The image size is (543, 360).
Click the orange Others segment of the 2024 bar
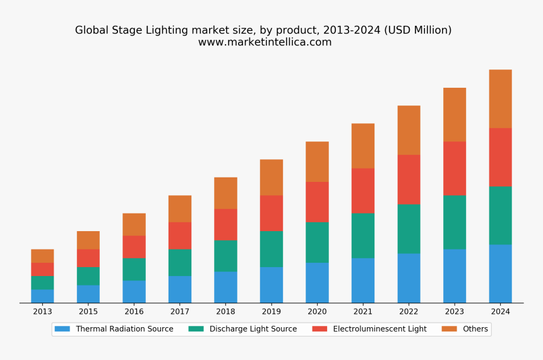click(501, 99)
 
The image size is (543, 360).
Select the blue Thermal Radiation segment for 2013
click(42, 296)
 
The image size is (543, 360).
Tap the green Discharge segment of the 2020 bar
click(317, 242)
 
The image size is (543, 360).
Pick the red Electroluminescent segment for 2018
click(225, 224)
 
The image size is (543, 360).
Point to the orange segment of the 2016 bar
click(134, 224)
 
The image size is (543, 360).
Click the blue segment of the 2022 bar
click(409, 279)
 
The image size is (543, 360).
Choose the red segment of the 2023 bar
click(455, 169)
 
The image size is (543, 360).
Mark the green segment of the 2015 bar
click(88, 276)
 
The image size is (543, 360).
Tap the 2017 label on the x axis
click(180, 311)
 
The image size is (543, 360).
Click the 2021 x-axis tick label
click(363, 311)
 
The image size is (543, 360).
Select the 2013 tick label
click(42, 311)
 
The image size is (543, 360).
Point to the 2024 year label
click(501, 311)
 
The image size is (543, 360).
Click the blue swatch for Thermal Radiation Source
click(63, 329)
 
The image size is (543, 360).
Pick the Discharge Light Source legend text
click(253, 329)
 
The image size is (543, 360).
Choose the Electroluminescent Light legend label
click(380, 329)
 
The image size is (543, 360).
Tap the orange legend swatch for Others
click(449, 329)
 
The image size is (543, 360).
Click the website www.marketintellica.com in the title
click(265, 42)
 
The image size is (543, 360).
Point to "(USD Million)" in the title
click(418, 30)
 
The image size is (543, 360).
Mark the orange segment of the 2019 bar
click(271, 177)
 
